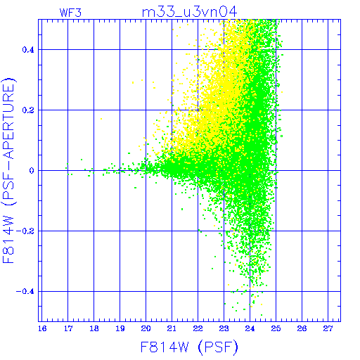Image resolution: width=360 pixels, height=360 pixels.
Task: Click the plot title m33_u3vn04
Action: [x=189, y=12]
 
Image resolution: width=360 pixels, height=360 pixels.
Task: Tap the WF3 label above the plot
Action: [x=70, y=13]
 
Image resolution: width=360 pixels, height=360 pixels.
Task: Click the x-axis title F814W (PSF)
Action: [x=189, y=347]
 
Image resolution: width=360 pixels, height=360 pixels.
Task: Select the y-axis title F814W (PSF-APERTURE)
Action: [x=9, y=170]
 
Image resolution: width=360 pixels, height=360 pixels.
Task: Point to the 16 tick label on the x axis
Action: [x=42, y=329]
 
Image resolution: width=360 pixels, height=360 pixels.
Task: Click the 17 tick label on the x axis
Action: [x=68, y=329]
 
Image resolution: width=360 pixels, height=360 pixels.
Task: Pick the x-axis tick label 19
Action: [x=120, y=329]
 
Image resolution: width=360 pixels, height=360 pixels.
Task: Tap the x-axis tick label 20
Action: [x=146, y=329]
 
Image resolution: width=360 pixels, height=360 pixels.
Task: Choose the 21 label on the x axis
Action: [x=172, y=329]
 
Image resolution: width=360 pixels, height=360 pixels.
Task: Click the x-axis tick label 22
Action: [x=198, y=329]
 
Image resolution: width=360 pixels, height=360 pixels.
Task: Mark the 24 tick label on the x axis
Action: [x=250, y=329]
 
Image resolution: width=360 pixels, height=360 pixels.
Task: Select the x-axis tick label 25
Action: [x=276, y=329]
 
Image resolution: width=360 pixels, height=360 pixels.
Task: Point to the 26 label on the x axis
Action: [x=302, y=329]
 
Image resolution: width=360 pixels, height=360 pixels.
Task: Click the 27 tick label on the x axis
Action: [x=328, y=329]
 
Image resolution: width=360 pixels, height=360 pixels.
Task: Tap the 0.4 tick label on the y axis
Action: [x=28, y=50]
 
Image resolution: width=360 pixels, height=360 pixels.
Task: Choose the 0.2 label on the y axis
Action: [x=28, y=110]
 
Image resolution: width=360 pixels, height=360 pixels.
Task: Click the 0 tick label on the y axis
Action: [x=32, y=171]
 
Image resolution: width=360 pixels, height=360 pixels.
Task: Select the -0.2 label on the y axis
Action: [x=25, y=231]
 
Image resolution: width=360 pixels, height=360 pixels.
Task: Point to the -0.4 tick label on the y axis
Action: [x=25, y=292]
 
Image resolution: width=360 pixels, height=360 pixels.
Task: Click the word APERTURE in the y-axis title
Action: [x=9, y=122]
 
